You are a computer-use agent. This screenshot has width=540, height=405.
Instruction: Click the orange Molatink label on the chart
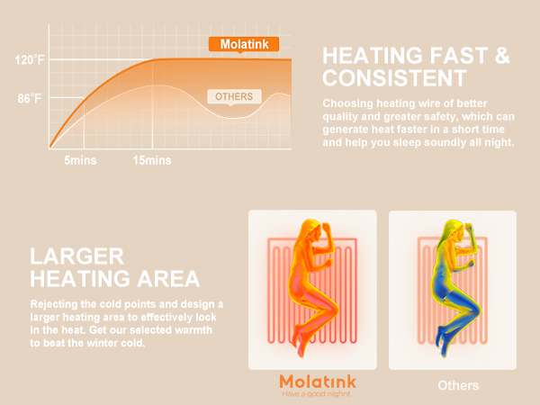[x=244, y=43]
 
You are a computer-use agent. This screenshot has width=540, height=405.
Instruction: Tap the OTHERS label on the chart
[x=234, y=96]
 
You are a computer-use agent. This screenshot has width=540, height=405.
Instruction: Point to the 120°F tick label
[x=29, y=61]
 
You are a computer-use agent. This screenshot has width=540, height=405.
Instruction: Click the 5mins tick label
[x=81, y=160]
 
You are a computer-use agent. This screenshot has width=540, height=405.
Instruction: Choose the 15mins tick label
[x=151, y=160]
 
